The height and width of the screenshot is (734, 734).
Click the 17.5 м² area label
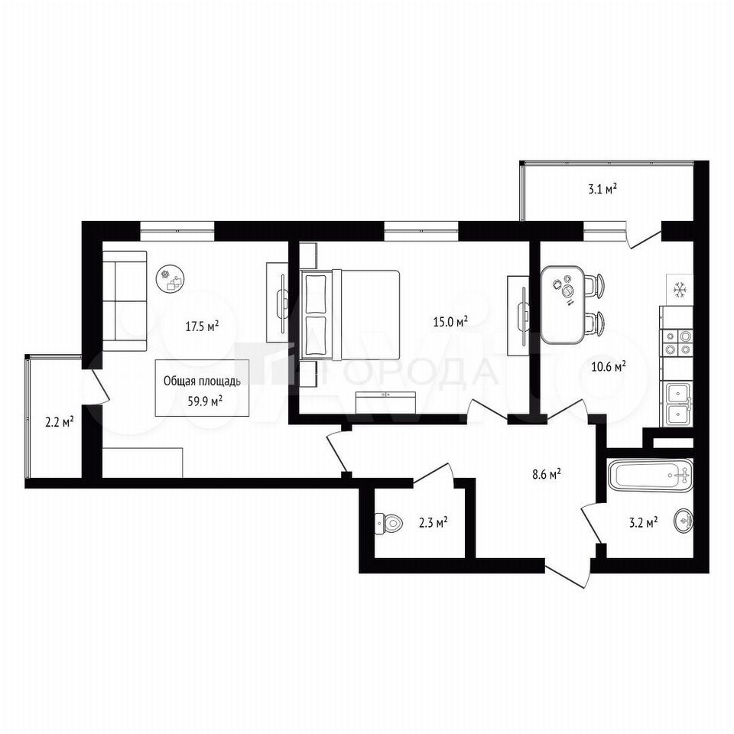[202, 326]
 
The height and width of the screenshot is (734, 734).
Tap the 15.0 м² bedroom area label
[451, 322]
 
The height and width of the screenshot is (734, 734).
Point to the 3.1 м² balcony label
[602, 189]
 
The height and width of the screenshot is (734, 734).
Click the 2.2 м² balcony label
[60, 423]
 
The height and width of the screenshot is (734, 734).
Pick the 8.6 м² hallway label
[547, 475]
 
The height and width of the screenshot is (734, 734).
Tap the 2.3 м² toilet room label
[433, 521]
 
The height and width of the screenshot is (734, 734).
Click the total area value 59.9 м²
[205, 401]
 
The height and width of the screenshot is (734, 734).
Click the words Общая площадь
[202, 382]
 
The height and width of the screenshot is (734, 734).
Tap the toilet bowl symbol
[388, 523]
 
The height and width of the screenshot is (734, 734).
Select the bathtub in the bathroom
[650, 475]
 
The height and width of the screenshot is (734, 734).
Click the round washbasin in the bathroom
[684, 520]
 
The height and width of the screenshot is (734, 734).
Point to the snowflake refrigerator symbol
[679, 290]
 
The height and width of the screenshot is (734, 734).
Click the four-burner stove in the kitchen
[677, 343]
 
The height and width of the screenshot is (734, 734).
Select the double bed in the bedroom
[350, 314]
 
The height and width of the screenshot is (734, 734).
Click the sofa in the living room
[125, 301]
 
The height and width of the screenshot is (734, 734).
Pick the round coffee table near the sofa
[172, 279]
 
